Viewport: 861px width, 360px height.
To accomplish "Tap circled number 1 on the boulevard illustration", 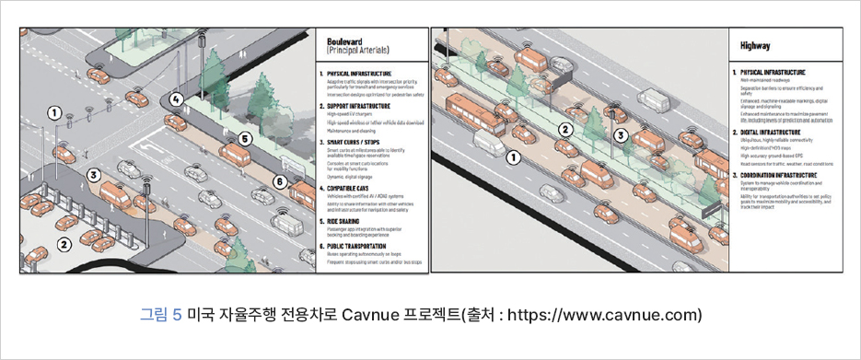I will tap(54, 112).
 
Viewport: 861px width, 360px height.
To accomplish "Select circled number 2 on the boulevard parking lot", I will tap(64, 244).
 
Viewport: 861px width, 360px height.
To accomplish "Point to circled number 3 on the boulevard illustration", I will tap(94, 173).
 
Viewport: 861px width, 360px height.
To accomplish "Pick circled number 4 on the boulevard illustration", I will tap(177, 98).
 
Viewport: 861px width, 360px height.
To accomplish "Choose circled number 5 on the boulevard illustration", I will tap(245, 139).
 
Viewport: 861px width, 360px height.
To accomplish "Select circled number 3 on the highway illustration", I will tap(622, 134).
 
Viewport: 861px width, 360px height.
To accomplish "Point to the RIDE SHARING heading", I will tap(347, 221).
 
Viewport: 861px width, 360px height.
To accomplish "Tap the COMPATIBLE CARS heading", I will tap(355, 187).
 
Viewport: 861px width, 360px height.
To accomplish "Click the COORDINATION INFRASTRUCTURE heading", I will tap(782, 174).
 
